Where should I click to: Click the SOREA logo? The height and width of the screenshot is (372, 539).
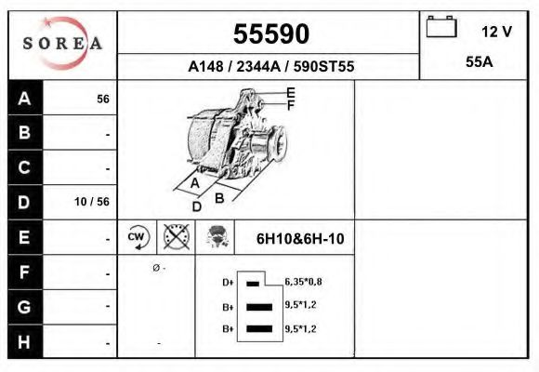[62, 44]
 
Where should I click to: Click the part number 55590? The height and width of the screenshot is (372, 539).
[269, 33]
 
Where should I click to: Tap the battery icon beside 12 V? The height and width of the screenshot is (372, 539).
[441, 29]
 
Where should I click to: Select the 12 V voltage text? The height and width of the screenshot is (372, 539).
[496, 32]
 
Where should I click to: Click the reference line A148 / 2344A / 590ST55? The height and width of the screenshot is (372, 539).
[269, 67]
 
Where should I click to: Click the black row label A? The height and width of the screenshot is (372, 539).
[24, 99]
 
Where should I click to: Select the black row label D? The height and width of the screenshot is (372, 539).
[24, 202]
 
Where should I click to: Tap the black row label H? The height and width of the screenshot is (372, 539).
[24, 340]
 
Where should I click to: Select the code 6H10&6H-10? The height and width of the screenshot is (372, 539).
[299, 238]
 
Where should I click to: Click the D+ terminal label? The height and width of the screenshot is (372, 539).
[227, 282]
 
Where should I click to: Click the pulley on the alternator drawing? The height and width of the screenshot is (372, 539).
[273, 150]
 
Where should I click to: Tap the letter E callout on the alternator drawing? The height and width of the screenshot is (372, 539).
[290, 92]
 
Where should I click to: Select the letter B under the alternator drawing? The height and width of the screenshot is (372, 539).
[220, 197]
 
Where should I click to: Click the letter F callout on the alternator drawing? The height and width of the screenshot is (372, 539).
[290, 105]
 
